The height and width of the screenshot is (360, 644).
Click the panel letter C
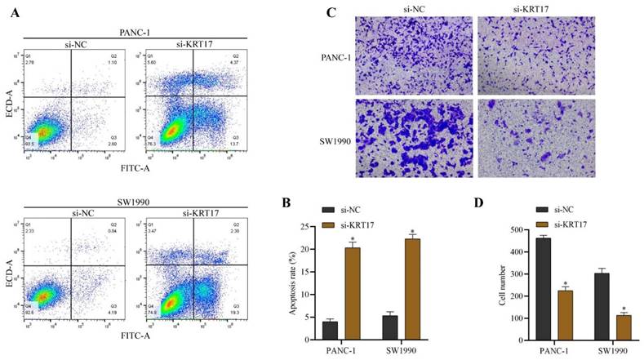[331, 12]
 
